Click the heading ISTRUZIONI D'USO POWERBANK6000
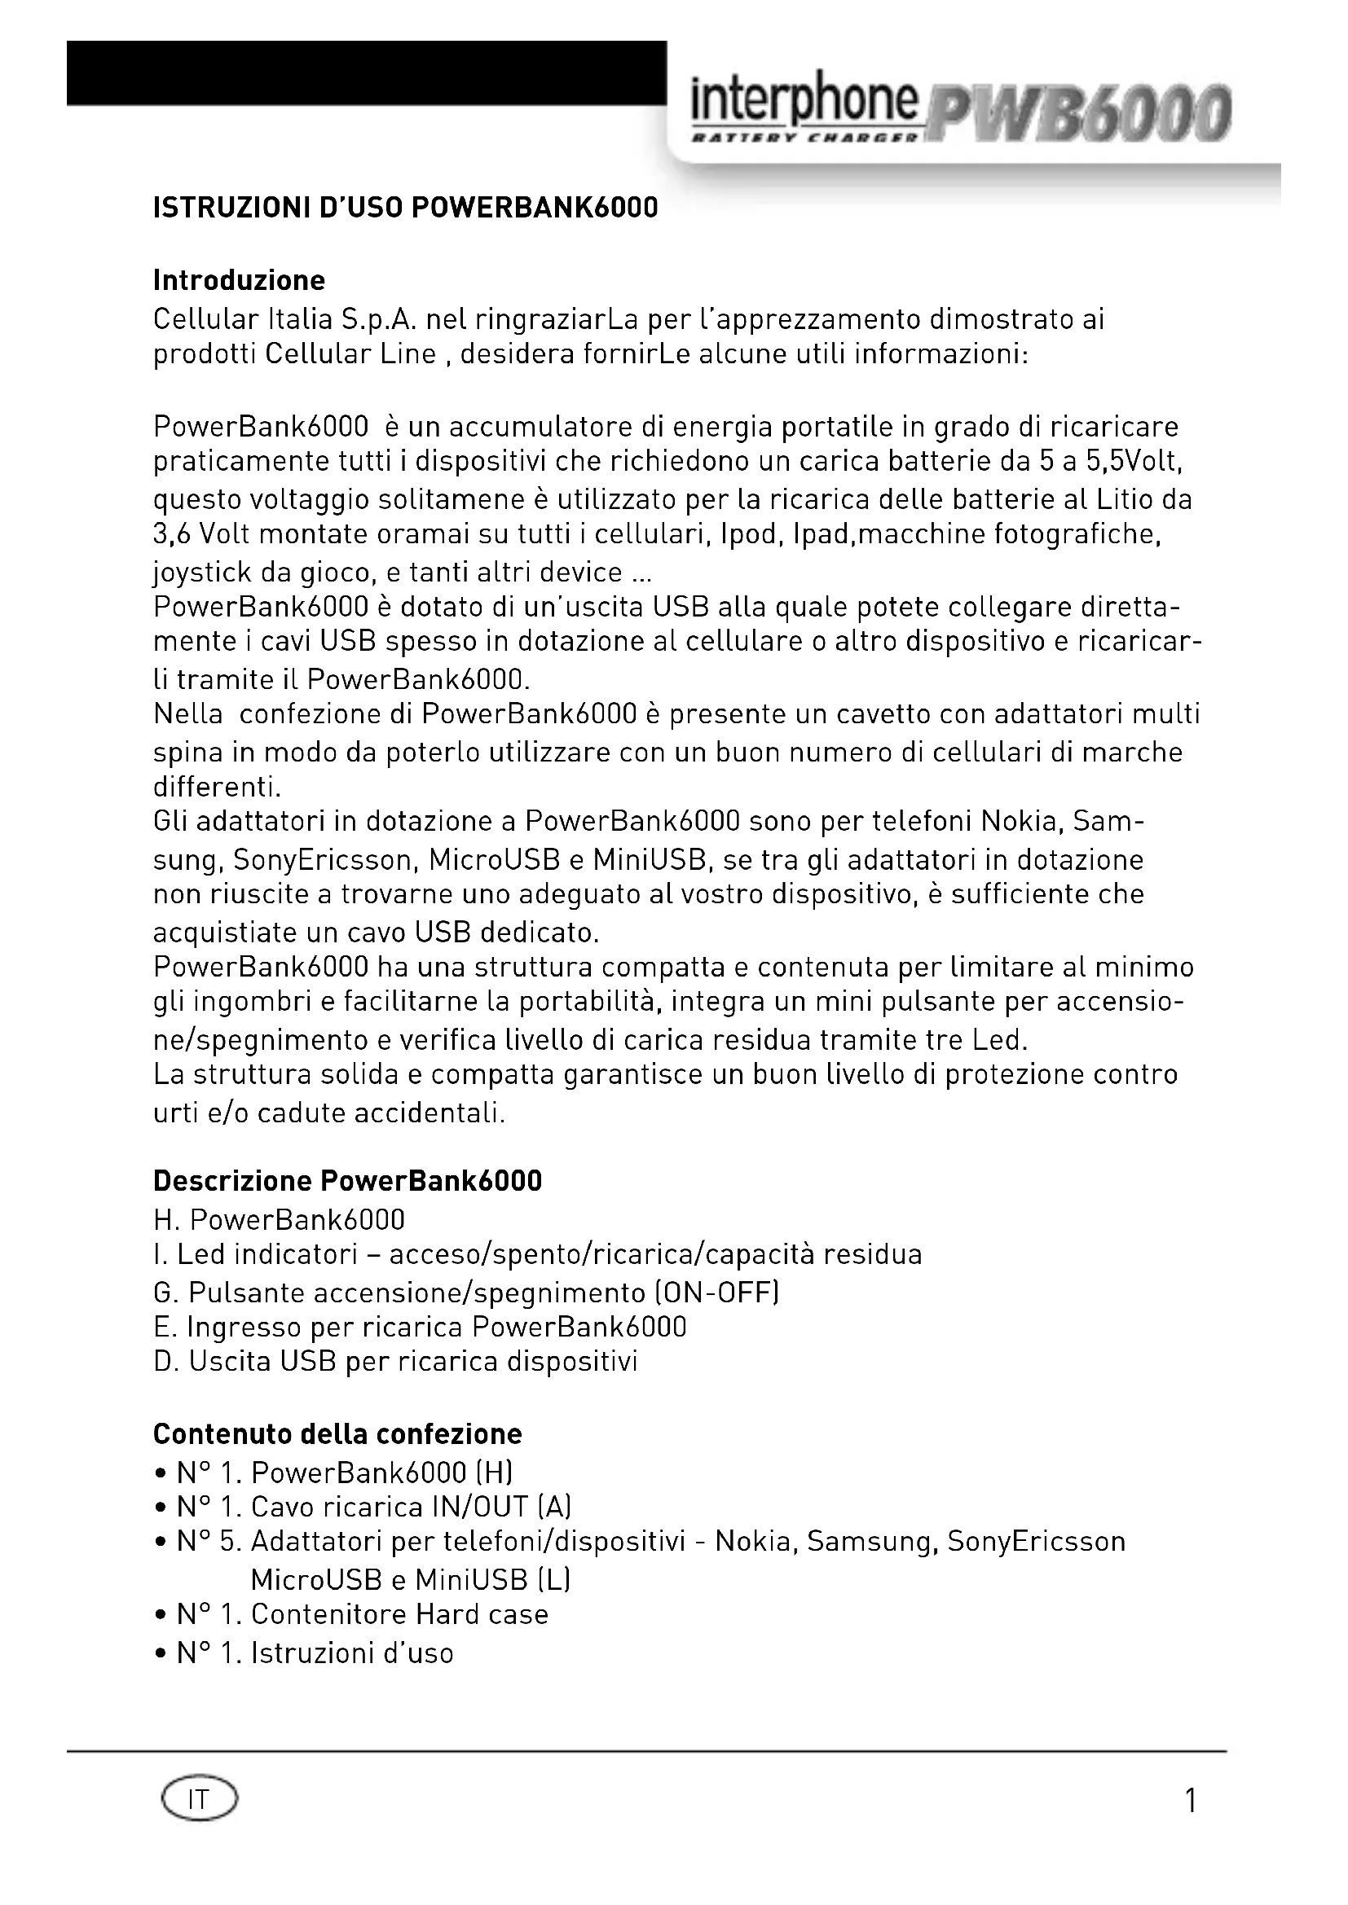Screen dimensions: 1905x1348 click(405, 208)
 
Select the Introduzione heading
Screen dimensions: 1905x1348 click(239, 280)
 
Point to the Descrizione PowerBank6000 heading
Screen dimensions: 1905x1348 click(347, 1181)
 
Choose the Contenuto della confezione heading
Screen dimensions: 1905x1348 click(337, 1433)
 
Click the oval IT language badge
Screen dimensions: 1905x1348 click(199, 1800)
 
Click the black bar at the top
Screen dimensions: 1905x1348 click(365, 72)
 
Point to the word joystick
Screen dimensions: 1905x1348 click(203, 573)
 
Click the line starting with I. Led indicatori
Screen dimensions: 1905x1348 click(537, 1253)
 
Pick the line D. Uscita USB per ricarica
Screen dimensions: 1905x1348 click(395, 1362)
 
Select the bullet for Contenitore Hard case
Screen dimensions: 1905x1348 click(161, 1615)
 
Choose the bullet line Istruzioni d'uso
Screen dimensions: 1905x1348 click(315, 1653)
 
